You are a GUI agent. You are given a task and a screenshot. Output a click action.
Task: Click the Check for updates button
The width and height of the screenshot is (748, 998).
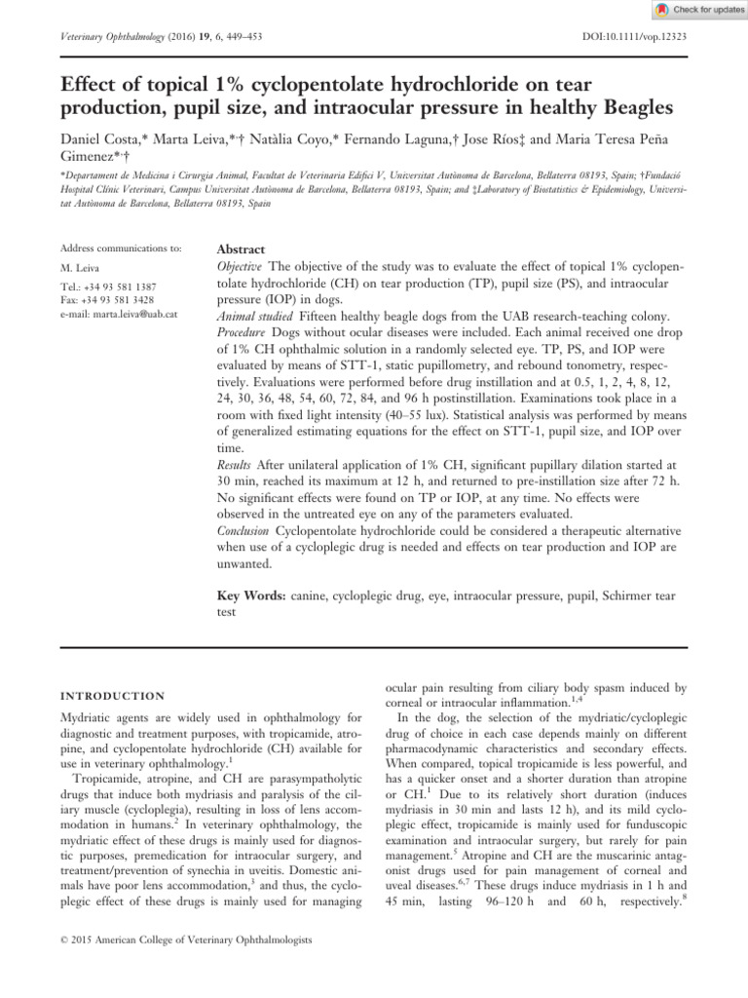[696, 10]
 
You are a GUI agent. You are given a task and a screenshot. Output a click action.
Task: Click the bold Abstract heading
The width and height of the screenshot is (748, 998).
[241, 249]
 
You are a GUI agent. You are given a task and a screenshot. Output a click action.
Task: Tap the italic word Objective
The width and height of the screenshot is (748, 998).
[240, 266]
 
